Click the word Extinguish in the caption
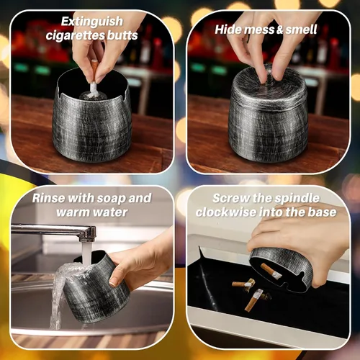click(x=92, y=22)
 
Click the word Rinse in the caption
click(x=48, y=198)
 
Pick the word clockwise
click(x=225, y=212)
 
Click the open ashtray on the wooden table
click(x=91, y=117)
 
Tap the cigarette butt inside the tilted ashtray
click(x=271, y=271)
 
